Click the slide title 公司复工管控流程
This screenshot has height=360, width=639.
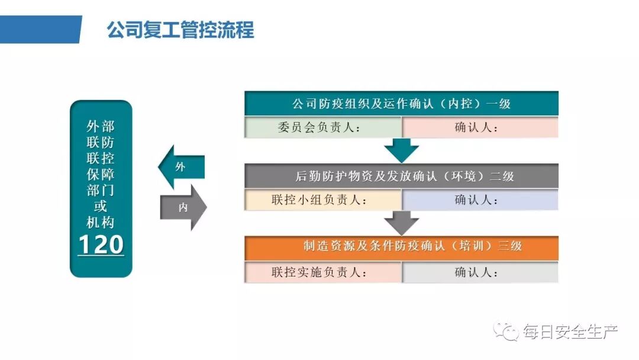point(180,30)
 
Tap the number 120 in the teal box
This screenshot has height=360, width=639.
point(101,245)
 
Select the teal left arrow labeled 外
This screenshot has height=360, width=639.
point(180,167)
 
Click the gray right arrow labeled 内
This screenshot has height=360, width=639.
point(184,207)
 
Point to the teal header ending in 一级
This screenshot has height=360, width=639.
point(401,104)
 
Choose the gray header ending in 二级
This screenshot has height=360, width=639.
point(401,176)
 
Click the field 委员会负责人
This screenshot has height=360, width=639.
point(323,127)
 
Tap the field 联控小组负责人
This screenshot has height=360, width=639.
point(323,200)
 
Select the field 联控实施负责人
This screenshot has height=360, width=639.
point(323,272)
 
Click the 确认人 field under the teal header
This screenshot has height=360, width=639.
point(480,127)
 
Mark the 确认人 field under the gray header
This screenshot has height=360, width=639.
point(480,200)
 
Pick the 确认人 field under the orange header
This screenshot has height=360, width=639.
point(480,272)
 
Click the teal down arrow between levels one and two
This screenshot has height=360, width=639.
point(401,150)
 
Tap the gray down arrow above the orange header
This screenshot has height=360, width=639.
point(401,223)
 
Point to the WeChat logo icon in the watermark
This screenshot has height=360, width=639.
point(507,331)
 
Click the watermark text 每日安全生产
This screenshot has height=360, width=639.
point(570,332)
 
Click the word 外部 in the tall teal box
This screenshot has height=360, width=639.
point(101,126)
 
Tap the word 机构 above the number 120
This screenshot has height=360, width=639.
point(101,223)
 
